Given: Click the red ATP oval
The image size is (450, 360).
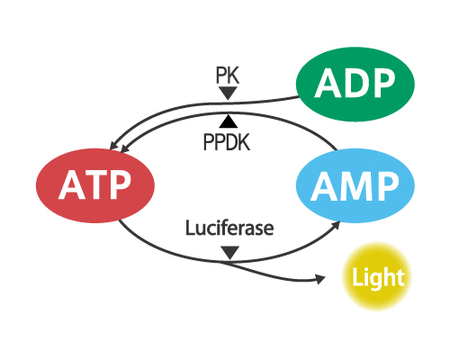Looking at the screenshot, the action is tap(95, 185).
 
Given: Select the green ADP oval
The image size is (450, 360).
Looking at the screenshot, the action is tap(355, 85).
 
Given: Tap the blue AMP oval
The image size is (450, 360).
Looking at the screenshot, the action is tap(355, 185).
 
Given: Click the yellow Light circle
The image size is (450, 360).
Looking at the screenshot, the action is tap(377, 276).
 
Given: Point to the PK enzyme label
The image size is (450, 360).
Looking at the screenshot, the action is tap(228, 76).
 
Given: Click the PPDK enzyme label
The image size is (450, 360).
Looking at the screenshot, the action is tap(227, 142).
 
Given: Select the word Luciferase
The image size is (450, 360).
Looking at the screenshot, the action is tap(229, 228).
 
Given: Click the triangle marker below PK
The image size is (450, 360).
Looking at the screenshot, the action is tap(228, 93).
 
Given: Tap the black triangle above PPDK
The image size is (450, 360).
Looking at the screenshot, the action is tap(229, 121).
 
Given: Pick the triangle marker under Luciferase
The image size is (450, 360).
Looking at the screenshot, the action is tap(229, 252).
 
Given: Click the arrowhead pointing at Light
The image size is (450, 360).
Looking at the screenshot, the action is tap(320, 279).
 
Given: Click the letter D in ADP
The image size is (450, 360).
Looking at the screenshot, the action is tap(355, 83).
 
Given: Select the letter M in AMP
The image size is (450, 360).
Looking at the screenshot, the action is tap(355, 186).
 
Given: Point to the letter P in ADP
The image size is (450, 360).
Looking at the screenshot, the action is tap(382, 83).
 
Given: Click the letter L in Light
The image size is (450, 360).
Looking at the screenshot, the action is tap(357, 276).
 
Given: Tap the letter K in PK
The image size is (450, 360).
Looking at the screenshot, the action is tap(234, 76).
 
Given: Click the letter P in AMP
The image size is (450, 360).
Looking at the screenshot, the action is tap(388, 186).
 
